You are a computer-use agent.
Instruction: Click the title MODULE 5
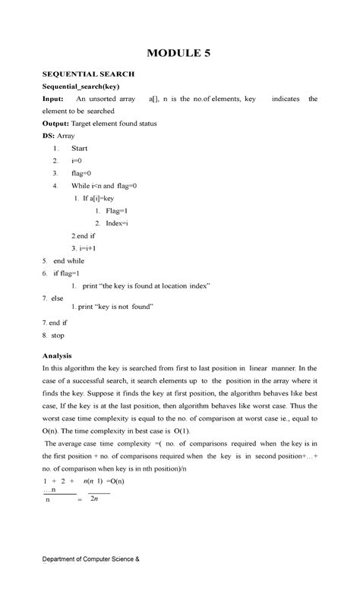pos(179,54)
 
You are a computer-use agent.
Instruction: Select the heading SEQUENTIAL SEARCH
pos(88,74)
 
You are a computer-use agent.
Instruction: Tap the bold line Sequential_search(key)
pos(85,87)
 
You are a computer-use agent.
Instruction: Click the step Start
pos(79,149)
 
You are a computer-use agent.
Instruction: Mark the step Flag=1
pos(117,210)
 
